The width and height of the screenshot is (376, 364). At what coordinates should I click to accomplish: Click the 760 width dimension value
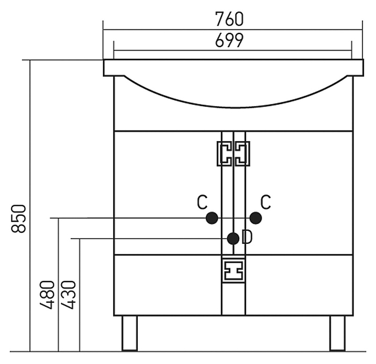[229, 19]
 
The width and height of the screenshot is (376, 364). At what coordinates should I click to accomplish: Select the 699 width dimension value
[229, 40]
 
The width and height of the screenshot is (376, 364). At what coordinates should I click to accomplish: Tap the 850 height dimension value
[18, 218]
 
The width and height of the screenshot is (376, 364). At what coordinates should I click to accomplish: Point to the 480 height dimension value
[47, 295]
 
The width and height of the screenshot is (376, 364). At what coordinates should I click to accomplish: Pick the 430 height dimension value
[68, 295]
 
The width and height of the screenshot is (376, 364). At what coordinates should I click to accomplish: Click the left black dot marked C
[212, 218]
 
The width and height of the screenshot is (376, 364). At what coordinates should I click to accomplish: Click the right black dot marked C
[255, 218]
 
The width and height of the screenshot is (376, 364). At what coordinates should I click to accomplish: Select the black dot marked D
[233, 239]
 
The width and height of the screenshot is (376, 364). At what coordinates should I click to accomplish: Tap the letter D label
[247, 237]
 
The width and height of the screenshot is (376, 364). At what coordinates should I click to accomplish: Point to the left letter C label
[202, 202]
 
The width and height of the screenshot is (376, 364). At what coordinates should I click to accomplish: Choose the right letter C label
[266, 202]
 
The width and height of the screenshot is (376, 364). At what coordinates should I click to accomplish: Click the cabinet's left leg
[130, 333]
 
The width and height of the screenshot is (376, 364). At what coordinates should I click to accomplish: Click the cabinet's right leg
[337, 333]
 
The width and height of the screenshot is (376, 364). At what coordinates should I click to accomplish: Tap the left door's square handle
[225, 154]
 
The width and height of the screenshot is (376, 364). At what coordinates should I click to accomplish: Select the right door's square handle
[242, 154]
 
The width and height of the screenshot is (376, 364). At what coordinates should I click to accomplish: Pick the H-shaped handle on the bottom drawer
[233, 271]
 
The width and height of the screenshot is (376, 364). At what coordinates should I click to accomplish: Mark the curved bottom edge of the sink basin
[236, 107]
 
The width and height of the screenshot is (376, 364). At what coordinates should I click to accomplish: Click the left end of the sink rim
[104, 67]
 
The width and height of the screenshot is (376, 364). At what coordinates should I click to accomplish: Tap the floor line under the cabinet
[188, 352]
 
